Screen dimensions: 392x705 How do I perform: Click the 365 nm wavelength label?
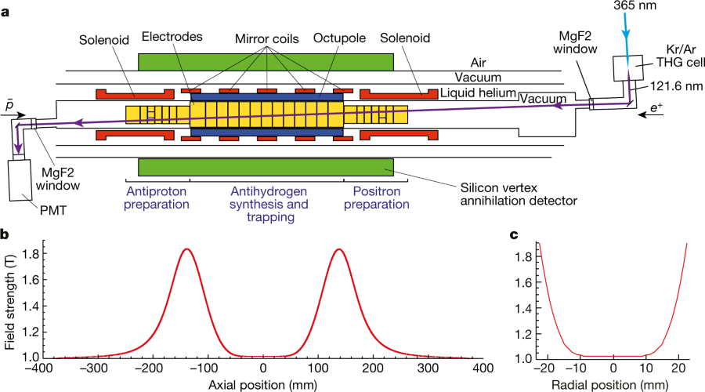[x=636, y=5]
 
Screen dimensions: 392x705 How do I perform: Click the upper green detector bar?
[x=266, y=63]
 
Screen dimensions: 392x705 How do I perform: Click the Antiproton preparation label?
[x=157, y=198]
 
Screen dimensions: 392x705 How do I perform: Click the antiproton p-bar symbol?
[x=8, y=104]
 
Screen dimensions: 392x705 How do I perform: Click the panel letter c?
[x=513, y=234]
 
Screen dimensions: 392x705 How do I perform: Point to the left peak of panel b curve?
[x=186, y=249]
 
